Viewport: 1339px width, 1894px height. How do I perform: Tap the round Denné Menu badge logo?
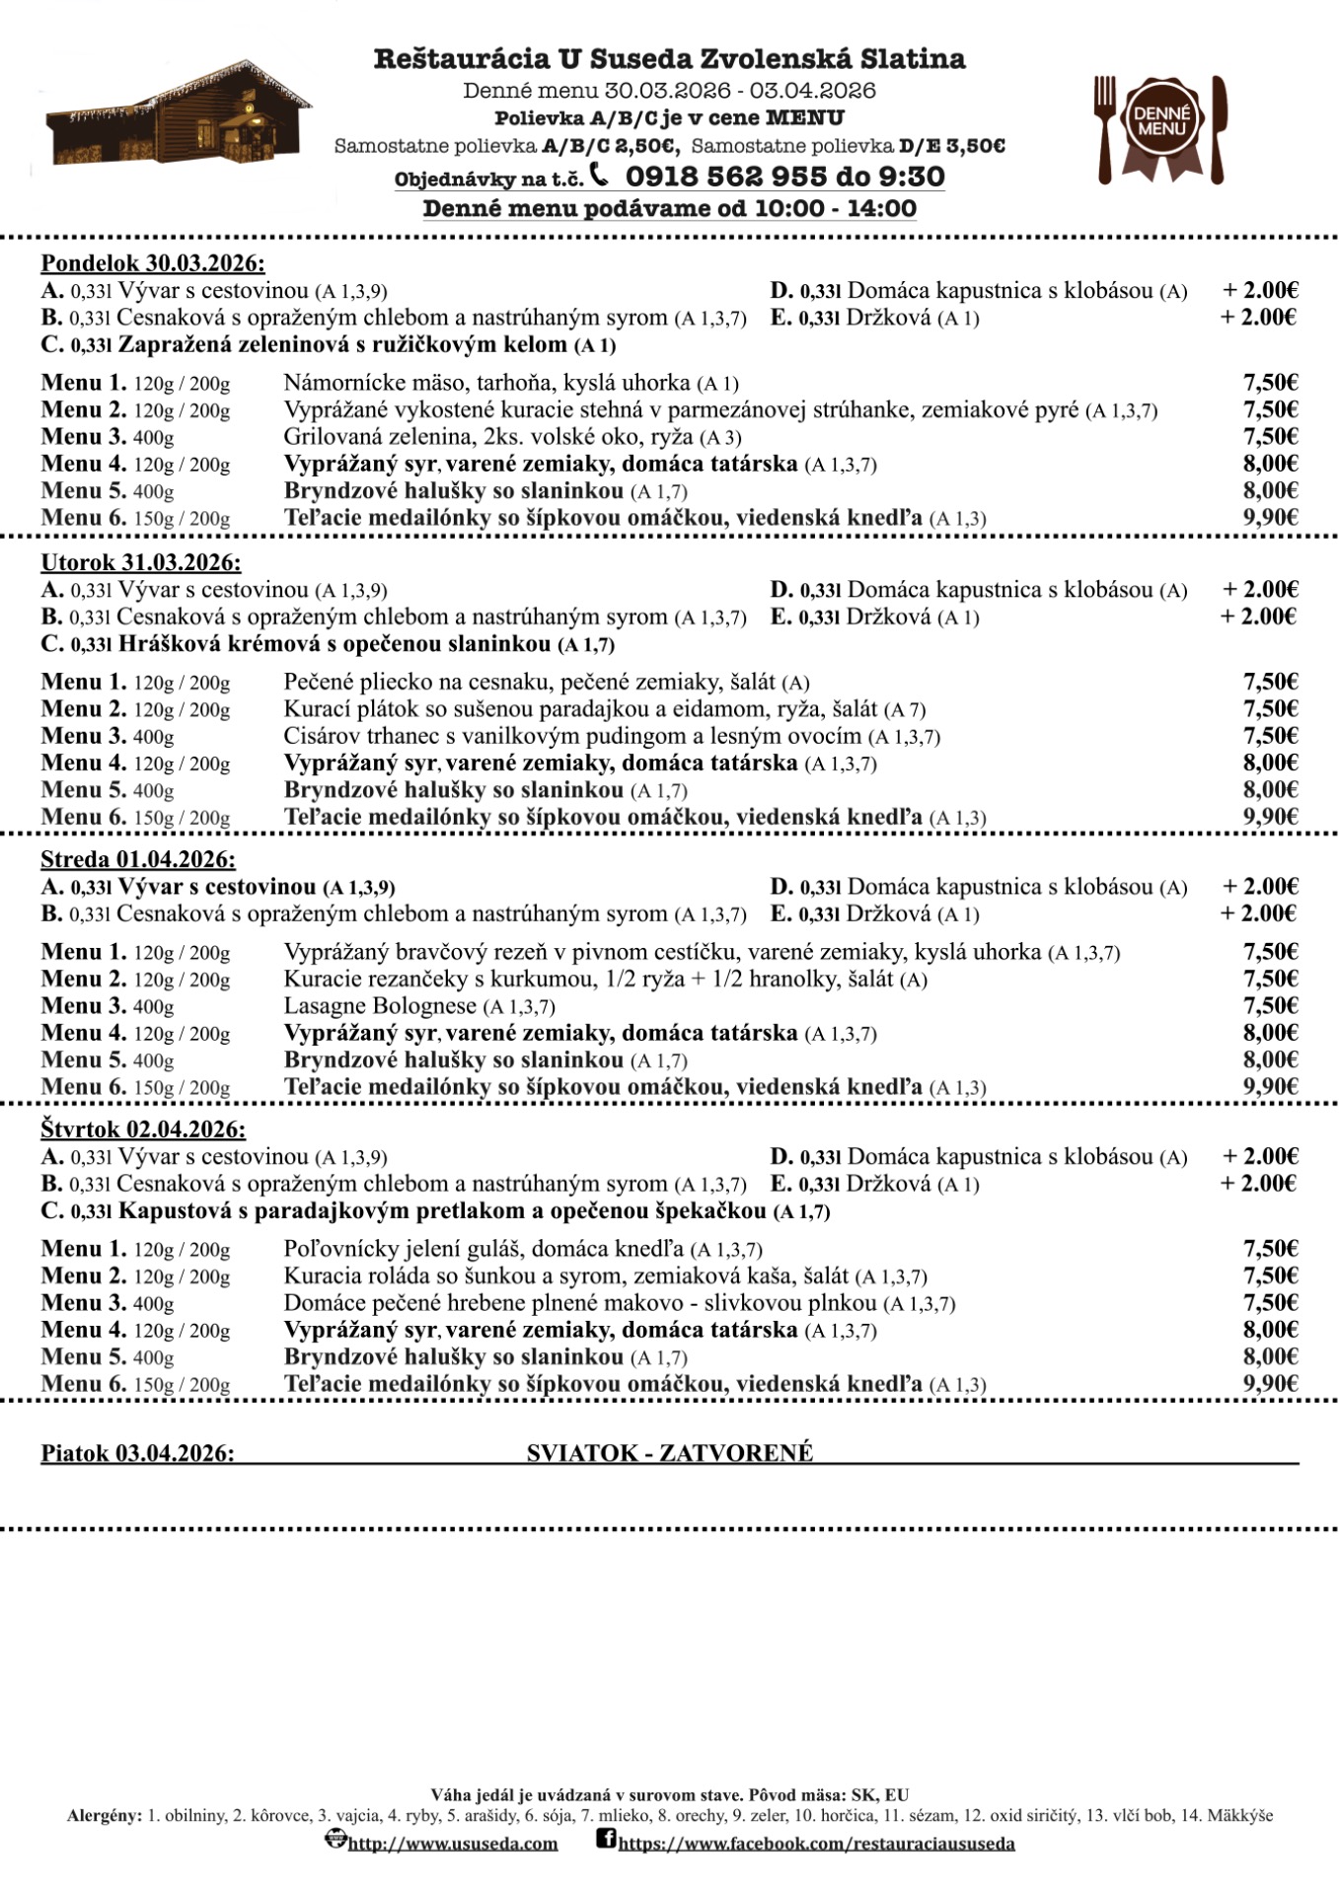(1161, 121)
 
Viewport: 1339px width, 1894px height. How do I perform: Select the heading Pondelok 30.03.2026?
(153, 263)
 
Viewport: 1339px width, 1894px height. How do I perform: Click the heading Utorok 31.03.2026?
(141, 563)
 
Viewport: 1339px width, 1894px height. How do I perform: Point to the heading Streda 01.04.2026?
(138, 859)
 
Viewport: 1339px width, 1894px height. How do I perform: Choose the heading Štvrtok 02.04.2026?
(143, 1129)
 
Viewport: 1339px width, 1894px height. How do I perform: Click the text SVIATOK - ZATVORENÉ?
(670, 1453)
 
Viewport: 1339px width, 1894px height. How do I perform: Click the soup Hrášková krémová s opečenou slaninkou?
(335, 644)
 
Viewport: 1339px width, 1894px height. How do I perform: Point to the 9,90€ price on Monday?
(1271, 517)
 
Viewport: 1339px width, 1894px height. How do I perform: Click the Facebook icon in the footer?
(606, 1839)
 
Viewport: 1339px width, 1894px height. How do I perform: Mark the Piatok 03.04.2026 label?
(137, 1453)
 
